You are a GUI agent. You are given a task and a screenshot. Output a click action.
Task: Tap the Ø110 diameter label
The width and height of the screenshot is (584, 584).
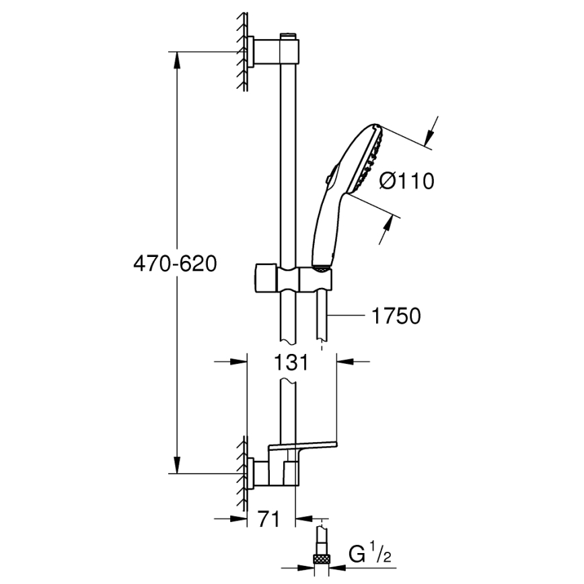click(x=406, y=181)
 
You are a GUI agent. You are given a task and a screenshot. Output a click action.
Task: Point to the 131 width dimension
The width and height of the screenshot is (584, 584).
click(x=291, y=363)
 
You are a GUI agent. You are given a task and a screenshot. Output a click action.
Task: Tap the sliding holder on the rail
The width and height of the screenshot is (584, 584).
click(x=292, y=277)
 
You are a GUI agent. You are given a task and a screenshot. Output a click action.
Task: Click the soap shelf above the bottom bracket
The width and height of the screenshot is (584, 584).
click(x=303, y=445)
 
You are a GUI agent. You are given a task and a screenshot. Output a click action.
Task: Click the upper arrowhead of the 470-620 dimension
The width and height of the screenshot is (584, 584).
click(x=178, y=61)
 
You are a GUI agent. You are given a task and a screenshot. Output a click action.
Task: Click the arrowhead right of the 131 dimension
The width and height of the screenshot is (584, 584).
click(x=344, y=362)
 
